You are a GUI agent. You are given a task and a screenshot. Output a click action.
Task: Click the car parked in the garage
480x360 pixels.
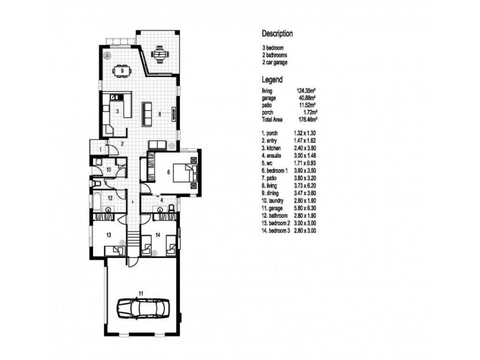tap(142, 308)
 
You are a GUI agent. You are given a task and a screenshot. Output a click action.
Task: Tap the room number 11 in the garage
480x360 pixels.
tap(140, 293)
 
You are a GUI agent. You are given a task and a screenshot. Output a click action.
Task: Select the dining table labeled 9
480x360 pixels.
tap(122, 71)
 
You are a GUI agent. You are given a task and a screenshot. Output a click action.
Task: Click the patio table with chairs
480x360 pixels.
tap(159, 55)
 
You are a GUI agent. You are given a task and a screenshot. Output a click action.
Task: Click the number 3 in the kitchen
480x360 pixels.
tap(118, 112)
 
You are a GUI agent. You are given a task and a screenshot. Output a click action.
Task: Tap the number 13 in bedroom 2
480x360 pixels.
tap(109, 235)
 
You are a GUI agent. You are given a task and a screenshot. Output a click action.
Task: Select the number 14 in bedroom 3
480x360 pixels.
tap(158, 235)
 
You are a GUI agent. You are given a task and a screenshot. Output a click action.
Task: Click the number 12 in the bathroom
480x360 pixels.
tap(110, 197)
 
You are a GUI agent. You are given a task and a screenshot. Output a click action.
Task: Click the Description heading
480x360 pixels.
tap(277, 34)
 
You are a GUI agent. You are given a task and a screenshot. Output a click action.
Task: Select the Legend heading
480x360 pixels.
tap(272, 79)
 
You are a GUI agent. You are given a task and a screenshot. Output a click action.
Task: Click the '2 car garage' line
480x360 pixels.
tap(275, 62)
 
